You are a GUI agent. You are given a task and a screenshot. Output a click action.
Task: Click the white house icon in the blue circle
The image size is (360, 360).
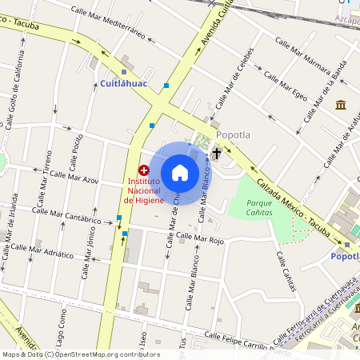point(180,173)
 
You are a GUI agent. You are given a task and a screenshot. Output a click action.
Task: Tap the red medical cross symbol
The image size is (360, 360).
point(144,170)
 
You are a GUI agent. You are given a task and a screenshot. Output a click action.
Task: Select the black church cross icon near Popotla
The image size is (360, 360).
point(216,151)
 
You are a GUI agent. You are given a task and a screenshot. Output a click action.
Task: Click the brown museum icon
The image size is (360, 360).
point(341,105)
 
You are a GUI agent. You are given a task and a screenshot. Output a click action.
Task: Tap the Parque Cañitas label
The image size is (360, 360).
point(259,208)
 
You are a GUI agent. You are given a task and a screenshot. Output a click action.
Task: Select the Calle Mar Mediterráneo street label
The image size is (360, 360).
point(108,22)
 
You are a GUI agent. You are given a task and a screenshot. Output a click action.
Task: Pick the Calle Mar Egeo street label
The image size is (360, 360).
point(286,86)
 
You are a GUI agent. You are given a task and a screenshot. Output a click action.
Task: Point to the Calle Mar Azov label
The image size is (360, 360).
point(74,174)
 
